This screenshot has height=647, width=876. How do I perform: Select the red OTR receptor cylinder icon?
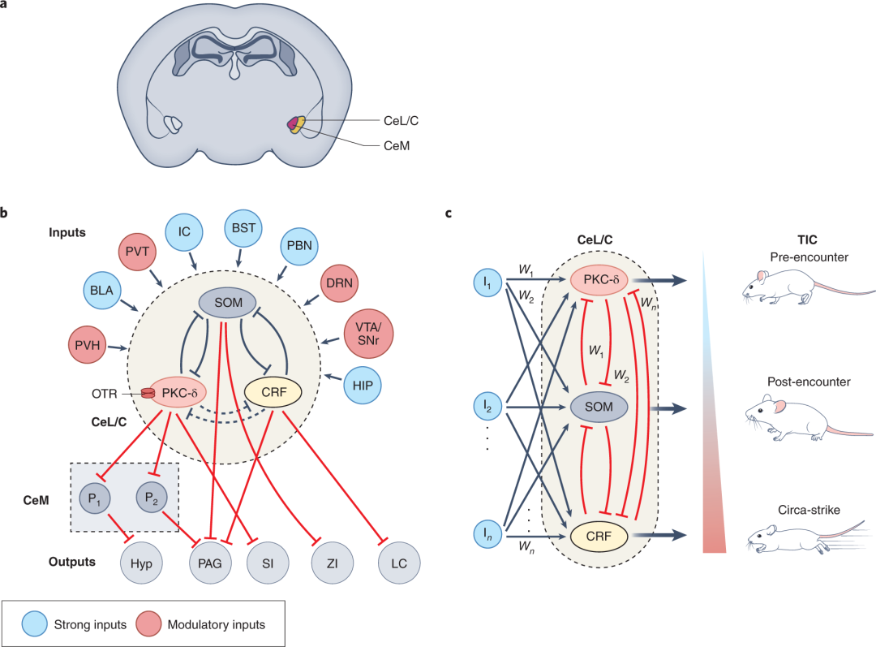click(148, 393)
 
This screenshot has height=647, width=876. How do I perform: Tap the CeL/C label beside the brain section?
click(401, 120)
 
